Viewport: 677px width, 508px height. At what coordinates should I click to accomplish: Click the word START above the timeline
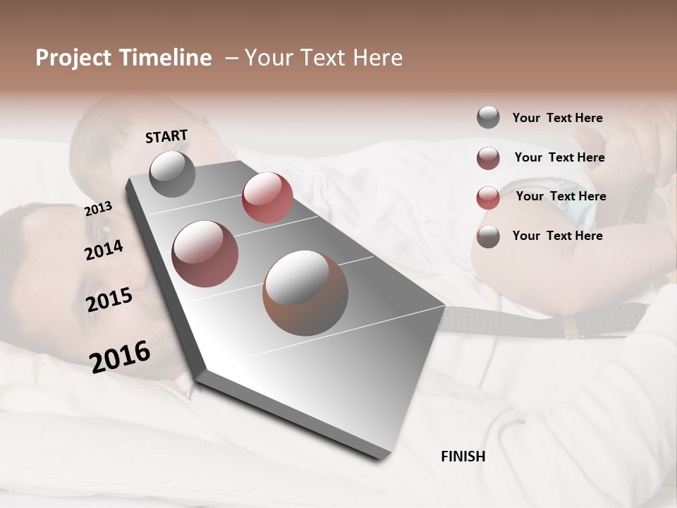click(x=166, y=136)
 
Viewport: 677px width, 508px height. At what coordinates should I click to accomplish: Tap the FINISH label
click(x=463, y=456)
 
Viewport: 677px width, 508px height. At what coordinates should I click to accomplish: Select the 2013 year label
click(x=98, y=208)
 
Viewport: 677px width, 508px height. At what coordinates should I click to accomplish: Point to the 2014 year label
click(x=104, y=250)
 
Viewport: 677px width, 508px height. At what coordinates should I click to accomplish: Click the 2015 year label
click(x=109, y=300)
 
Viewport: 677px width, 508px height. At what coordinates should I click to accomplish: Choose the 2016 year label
click(x=120, y=356)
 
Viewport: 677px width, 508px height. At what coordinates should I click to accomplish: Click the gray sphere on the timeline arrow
click(x=173, y=174)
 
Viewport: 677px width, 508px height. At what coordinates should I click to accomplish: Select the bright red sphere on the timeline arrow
click(x=267, y=197)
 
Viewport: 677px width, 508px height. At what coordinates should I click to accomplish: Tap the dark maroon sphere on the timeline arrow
click(x=205, y=253)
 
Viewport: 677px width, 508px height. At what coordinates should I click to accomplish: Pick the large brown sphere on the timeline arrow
click(x=305, y=292)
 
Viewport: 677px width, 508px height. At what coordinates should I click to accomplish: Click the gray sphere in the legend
click(x=488, y=118)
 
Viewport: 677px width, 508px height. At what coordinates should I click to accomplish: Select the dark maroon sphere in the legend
click(x=488, y=158)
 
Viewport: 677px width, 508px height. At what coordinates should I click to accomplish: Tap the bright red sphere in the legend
click(x=488, y=198)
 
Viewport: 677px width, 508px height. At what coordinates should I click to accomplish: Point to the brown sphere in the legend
click(x=488, y=236)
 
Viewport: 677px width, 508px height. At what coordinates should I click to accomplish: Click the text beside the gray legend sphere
click(x=557, y=119)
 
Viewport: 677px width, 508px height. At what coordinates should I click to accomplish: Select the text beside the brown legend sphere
click(x=557, y=236)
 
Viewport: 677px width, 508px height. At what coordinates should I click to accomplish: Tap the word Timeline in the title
click(x=166, y=58)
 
